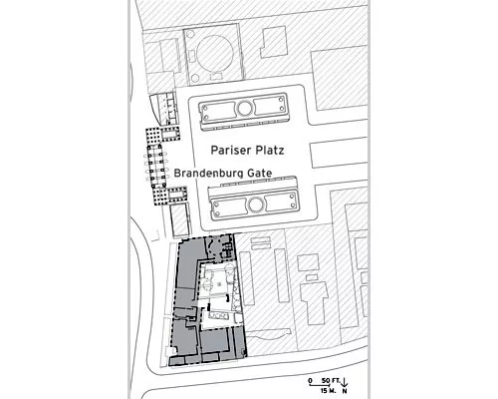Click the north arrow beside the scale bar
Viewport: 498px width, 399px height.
coord(345,382)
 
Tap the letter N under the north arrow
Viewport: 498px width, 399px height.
coord(345,391)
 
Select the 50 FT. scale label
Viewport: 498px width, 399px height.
coord(329,380)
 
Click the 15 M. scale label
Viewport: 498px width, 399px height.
coord(329,391)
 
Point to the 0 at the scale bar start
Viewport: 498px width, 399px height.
coord(310,380)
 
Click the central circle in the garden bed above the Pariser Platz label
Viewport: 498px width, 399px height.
coord(245,108)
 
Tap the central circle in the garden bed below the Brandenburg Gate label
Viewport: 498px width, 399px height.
coord(255,204)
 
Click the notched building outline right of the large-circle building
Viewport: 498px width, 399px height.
coord(274,42)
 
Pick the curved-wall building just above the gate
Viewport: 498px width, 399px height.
coord(163,109)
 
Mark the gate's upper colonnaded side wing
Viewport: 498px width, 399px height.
coord(163,135)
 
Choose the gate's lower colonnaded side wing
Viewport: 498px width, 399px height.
coord(170,196)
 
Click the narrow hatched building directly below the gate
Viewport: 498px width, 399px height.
coord(180,220)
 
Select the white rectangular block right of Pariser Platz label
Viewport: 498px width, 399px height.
coord(339,155)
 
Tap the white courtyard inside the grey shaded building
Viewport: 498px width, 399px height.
coord(218,296)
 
